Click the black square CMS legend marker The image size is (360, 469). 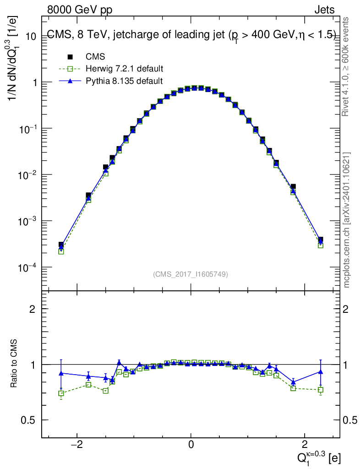coord(70,56)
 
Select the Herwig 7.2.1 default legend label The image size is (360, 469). coord(125,69)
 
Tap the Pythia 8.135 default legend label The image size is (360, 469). coord(125,81)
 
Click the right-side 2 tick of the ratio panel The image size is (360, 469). coord(345,309)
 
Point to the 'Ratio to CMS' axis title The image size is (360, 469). coord(14,364)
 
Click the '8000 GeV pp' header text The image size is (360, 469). coord(80,10)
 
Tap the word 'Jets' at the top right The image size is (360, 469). coord(324,10)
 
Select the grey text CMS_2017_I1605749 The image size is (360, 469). coord(191,274)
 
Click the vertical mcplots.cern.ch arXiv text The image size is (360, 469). coord(346,220)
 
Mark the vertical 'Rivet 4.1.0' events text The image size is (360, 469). coord(345,67)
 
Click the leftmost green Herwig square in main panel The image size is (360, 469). coord(61,251)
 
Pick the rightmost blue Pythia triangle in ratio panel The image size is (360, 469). coord(321,372)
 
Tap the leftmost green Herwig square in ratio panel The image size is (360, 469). coord(61,393)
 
